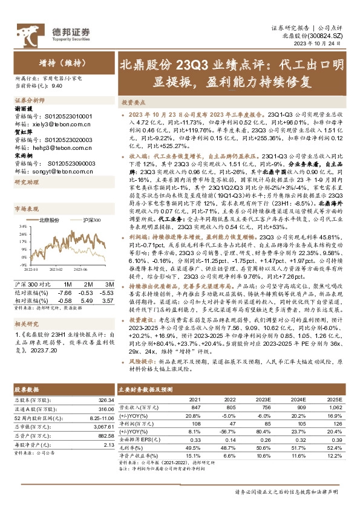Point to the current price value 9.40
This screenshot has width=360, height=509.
point(57,86)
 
